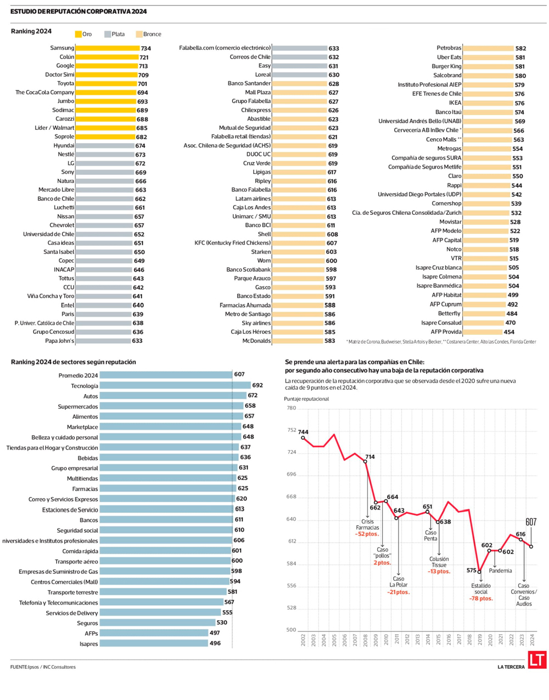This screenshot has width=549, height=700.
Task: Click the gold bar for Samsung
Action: pos(107,48)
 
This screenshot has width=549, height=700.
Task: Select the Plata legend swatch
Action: pos(108,34)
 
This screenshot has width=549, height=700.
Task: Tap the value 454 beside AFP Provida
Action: pos(509,332)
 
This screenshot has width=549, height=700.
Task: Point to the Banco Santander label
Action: pos(249,83)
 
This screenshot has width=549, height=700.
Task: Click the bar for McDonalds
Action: pos(298,341)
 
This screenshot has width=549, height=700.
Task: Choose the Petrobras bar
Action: pos(488,48)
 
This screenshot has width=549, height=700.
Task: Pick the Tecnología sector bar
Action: pos(175,385)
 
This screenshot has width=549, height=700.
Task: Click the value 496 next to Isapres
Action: pos(215,643)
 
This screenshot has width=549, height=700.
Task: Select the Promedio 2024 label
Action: pos(78,375)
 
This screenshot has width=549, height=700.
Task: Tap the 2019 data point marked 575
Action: pos(479,572)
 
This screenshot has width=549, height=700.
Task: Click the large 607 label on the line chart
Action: pos(530,522)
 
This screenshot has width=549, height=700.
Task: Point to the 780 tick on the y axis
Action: pos(291,408)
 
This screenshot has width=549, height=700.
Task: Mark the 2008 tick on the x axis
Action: pos(366,640)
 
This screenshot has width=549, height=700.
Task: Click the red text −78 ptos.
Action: pos(481,599)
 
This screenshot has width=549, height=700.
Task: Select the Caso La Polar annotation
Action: pos(399,582)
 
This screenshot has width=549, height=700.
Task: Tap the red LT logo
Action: pos(537,660)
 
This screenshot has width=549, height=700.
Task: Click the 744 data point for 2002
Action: pos(303,437)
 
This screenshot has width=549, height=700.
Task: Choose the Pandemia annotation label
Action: pos(500,571)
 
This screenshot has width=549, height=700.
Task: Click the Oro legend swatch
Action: pos(79,34)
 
